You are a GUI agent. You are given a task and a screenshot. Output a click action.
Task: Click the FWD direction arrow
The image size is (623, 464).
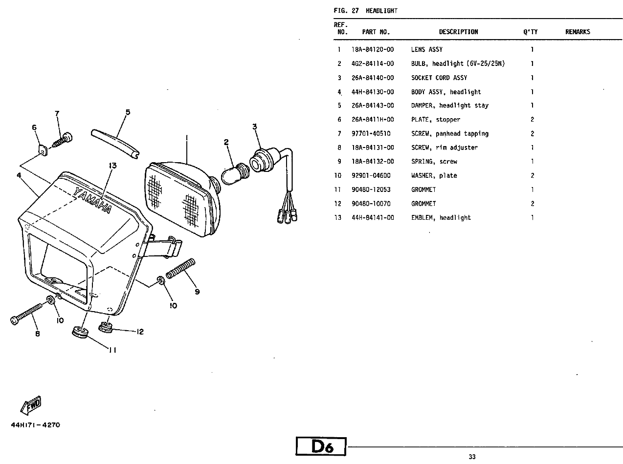pos(31,405)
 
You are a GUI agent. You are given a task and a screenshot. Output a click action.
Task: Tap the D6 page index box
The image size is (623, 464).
pos(321,446)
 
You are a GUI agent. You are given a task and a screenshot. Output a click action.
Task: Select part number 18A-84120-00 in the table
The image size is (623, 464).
pos(373,50)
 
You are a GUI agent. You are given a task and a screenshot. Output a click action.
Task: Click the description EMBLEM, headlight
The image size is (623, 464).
pos(441,218)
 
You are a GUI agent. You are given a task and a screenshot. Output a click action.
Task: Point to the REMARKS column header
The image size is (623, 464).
pos(578,32)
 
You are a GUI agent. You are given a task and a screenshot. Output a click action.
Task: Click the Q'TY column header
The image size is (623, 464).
pos(530,32)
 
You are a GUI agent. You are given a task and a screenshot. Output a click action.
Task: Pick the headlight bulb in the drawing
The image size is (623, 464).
pos(235,173)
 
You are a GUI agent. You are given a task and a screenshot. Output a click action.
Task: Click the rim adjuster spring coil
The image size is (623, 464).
pos(180,268)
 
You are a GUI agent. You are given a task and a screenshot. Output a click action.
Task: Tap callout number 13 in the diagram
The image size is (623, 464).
pos(112,166)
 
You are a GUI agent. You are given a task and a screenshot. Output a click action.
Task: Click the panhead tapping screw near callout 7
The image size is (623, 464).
pos(62,140)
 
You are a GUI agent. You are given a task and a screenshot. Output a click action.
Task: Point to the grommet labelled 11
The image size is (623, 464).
pos(80,332)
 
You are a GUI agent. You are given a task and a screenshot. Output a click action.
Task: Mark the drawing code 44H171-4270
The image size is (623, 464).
pos(36,425)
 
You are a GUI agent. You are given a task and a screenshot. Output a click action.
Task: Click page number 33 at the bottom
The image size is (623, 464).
pos(472,457)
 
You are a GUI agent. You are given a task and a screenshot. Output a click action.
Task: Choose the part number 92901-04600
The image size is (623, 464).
pos(371,176)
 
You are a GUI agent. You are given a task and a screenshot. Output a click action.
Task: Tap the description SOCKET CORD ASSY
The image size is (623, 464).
pos(439,78)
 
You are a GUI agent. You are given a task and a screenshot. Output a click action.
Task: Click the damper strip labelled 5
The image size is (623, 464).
pos(115,144)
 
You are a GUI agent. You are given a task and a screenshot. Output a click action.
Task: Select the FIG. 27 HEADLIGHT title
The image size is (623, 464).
pos(366,11)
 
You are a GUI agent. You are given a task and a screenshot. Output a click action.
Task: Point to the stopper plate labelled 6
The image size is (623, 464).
pos(43,150)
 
